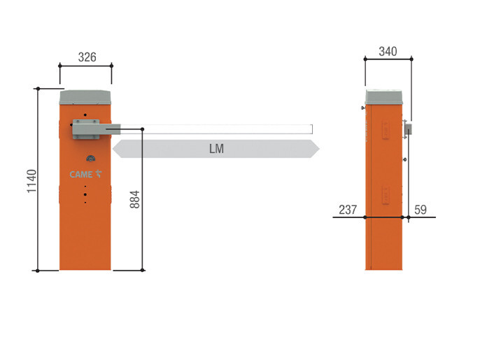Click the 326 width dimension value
point(87,57)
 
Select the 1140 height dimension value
point(32,181)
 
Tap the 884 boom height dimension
point(134,199)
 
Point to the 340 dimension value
point(388,52)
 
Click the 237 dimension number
point(348,210)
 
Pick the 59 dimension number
point(421,210)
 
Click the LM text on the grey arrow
point(216,149)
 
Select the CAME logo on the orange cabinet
point(85,174)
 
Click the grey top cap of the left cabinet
point(85,97)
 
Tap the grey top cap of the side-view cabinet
point(384,97)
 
